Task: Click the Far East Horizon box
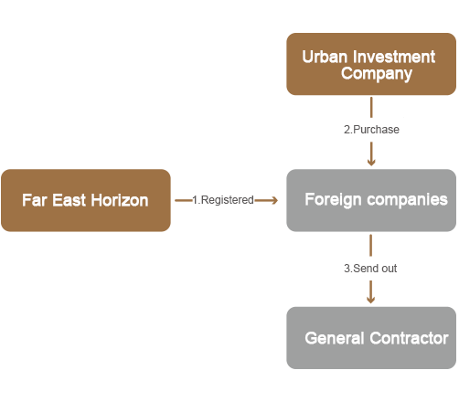(86, 200)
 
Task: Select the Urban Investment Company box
(371, 64)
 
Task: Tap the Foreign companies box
(371, 200)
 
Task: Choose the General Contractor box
(371, 338)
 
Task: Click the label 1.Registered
(223, 200)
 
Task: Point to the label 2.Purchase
(371, 130)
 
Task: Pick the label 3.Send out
(370, 269)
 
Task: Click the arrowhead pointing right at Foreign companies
(274, 200)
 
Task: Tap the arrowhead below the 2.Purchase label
(371, 162)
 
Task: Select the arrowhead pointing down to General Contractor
(370, 300)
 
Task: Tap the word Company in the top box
(377, 74)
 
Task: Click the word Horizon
(120, 200)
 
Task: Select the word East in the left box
(69, 200)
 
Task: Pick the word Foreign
(333, 200)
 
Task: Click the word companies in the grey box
(408, 200)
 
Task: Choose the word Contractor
(409, 338)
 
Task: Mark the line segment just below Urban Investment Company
(371, 107)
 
